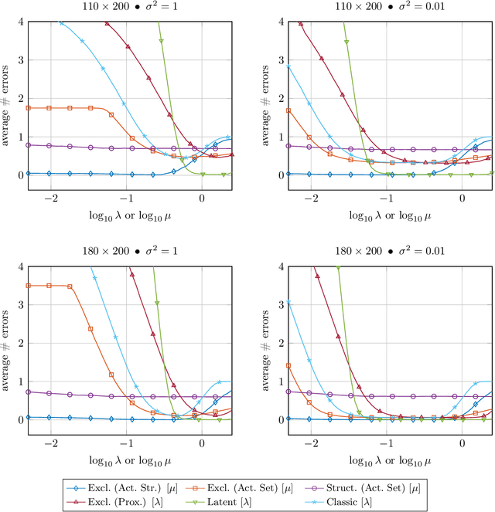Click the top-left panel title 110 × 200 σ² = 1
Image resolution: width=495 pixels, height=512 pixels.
point(128,7)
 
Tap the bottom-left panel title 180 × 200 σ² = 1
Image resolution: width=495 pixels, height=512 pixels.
point(128,253)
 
